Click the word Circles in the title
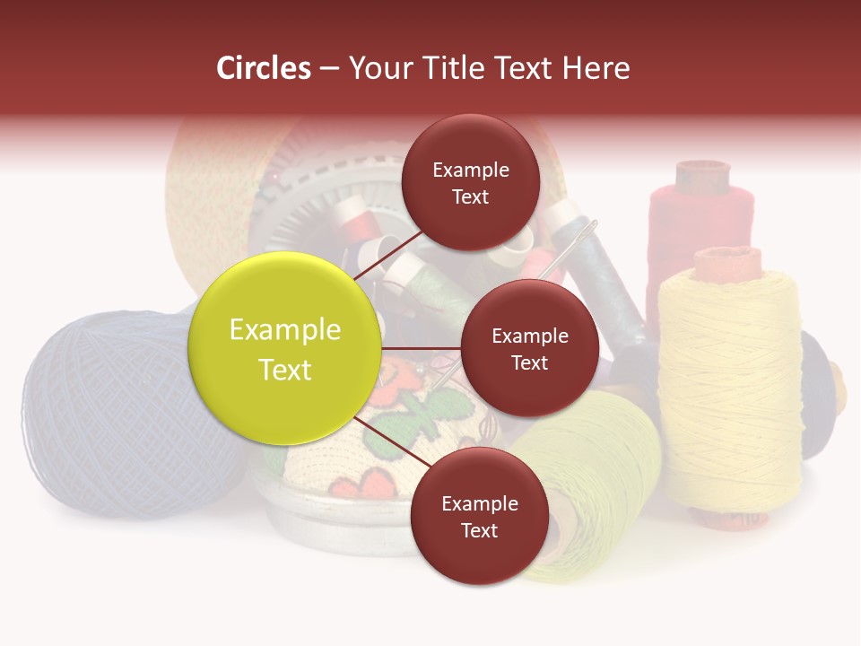(264, 67)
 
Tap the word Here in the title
(596, 67)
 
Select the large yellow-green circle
(285, 348)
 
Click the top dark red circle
(470, 182)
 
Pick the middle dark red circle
(529, 348)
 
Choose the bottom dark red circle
(479, 516)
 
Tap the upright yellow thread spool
(728, 386)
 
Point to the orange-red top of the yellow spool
(726, 262)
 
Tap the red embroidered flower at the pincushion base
(368, 484)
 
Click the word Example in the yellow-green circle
(285, 330)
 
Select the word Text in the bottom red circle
(479, 530)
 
